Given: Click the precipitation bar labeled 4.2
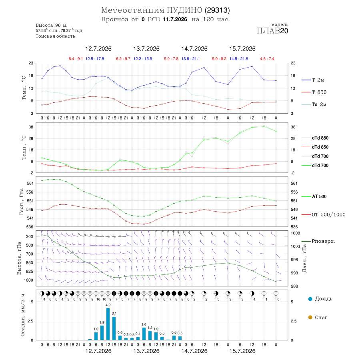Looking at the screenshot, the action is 108,324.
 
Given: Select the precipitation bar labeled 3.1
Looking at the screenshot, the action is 114,328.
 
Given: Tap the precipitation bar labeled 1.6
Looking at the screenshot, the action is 144,334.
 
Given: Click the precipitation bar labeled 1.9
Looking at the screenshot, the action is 102,333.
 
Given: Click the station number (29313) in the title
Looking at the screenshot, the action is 217,10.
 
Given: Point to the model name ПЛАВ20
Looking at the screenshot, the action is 272,31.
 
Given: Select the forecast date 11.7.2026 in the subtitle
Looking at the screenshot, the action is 175,19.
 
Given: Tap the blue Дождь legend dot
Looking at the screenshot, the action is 310,299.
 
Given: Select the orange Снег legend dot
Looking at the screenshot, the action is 310,317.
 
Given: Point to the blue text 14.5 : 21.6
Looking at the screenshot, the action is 239,59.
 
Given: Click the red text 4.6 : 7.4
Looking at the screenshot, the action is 267,59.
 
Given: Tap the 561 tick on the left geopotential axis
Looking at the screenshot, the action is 30,183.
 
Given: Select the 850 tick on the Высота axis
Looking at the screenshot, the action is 29,263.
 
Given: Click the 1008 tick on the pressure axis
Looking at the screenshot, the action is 296,233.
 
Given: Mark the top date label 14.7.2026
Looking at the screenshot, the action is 194,49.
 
